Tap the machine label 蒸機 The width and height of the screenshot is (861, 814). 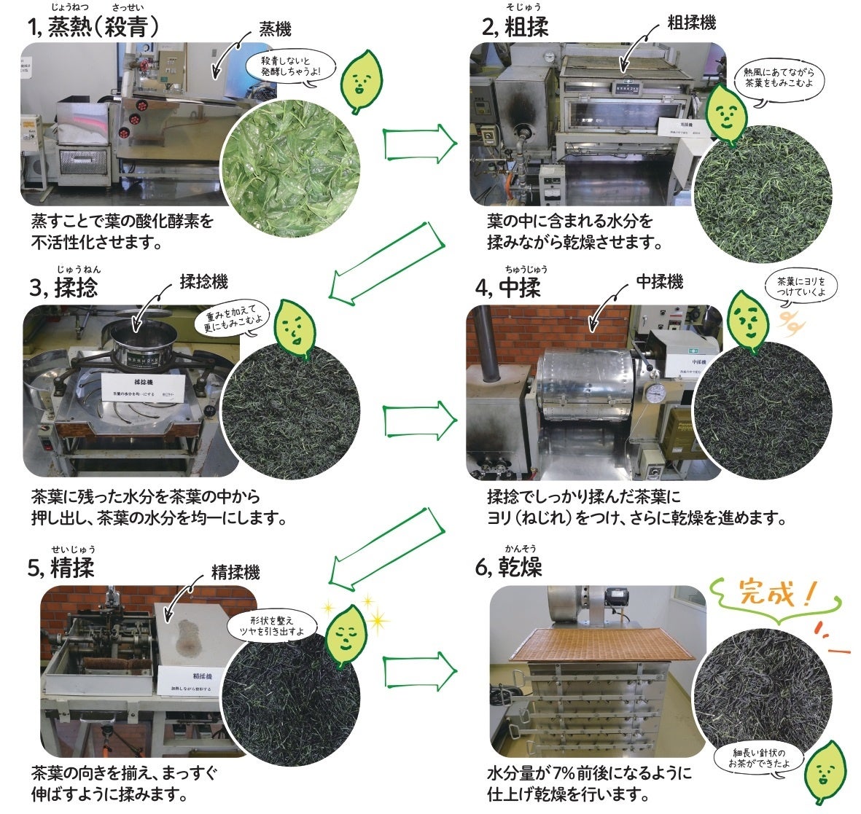coord(275,29)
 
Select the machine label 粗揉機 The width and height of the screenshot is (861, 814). coord(691,23)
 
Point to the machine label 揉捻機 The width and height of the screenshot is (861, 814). coord(203,282)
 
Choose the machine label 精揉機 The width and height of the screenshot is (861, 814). coord(235,572)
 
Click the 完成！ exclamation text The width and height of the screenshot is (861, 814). coord(776,594)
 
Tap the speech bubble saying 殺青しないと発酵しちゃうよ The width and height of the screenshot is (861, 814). coord(290,66)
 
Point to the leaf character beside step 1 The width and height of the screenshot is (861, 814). coord(357,80)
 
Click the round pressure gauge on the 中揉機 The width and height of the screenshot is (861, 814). coord(655,393)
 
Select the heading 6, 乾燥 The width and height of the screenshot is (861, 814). coord(509,567)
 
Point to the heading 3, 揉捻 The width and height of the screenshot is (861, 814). coord(64,289)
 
